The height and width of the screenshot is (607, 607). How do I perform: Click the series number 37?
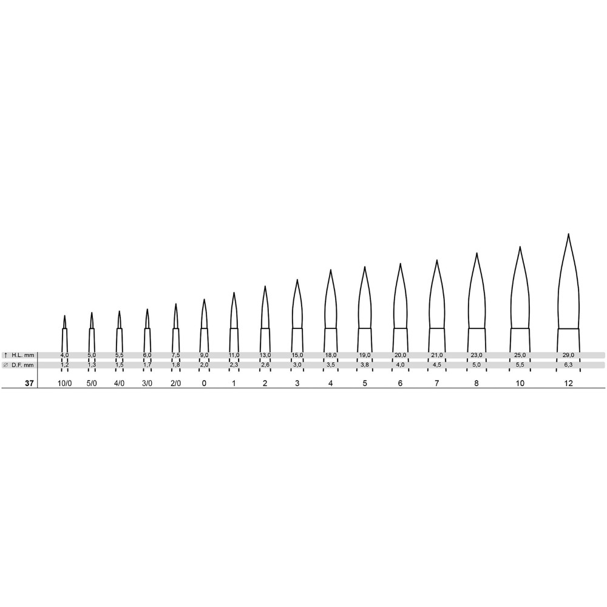point(29,383)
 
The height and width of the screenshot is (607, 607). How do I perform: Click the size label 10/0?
point(65,383)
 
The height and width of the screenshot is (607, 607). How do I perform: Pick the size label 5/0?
point(92,383)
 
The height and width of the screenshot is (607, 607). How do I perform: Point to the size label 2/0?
point(176,383)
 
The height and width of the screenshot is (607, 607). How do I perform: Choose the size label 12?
point(568,383)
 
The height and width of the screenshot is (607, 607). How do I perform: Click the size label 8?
point(476,383)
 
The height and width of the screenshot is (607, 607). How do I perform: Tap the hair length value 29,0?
point(569,355)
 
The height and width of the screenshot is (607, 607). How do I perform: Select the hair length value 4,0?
point(65,355)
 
